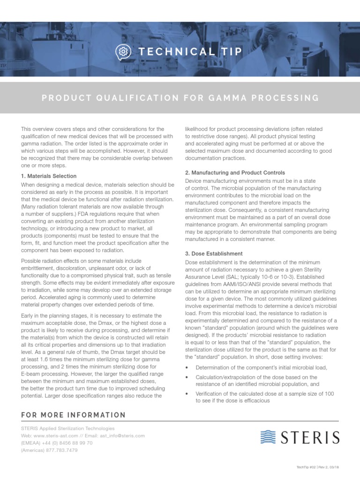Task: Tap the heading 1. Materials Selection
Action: [49, 176]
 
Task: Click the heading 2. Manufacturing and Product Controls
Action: [235, 173]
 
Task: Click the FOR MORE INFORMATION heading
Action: [74, 415]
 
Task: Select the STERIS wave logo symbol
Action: [269, 437]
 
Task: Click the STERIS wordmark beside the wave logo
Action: [310, 438]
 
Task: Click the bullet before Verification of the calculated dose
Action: [187, 394]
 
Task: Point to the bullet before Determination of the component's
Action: [187, 367]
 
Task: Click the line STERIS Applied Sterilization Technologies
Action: [67, 428]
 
